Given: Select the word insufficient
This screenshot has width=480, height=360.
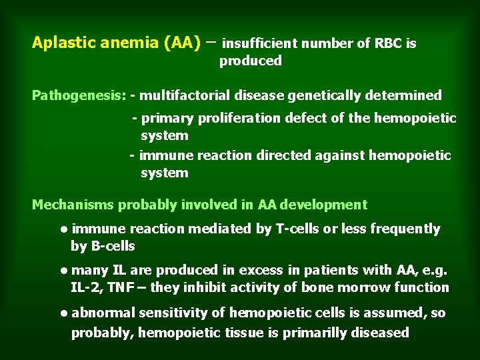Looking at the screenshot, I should coord(259,44).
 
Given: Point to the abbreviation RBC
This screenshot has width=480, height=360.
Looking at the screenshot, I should coord(388,44).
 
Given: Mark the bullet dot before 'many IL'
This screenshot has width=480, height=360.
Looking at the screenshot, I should coord(62,271).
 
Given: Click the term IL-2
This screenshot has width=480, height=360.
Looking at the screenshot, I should coord(84,288).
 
